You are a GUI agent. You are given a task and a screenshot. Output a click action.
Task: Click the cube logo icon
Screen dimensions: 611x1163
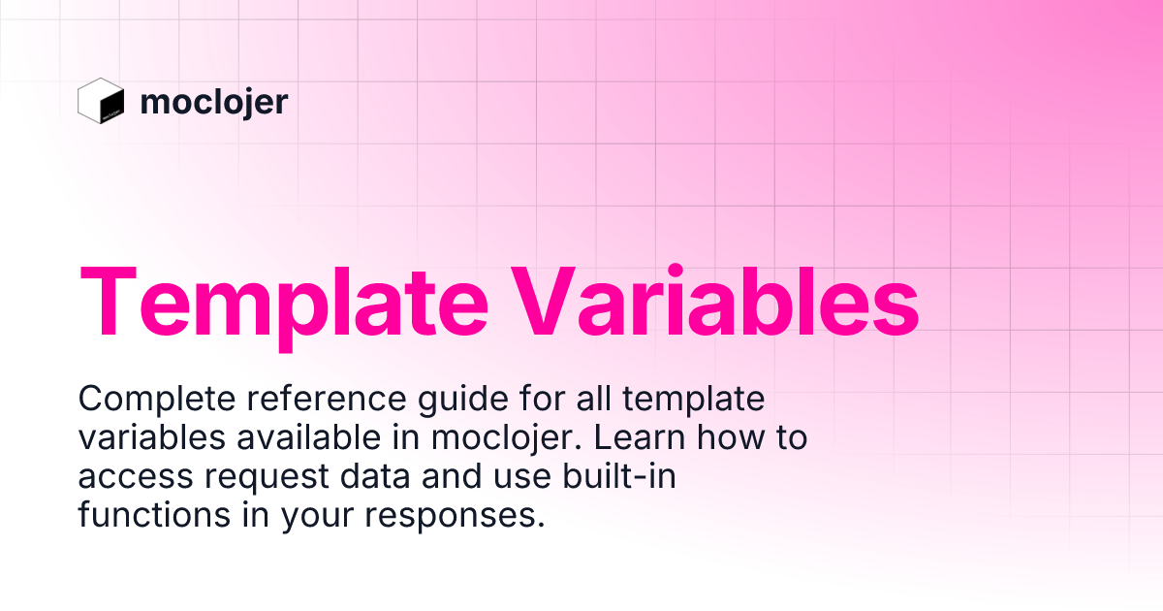coord(101,101)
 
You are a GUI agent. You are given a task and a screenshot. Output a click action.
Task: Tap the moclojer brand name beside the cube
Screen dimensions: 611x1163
coord(213,102)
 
